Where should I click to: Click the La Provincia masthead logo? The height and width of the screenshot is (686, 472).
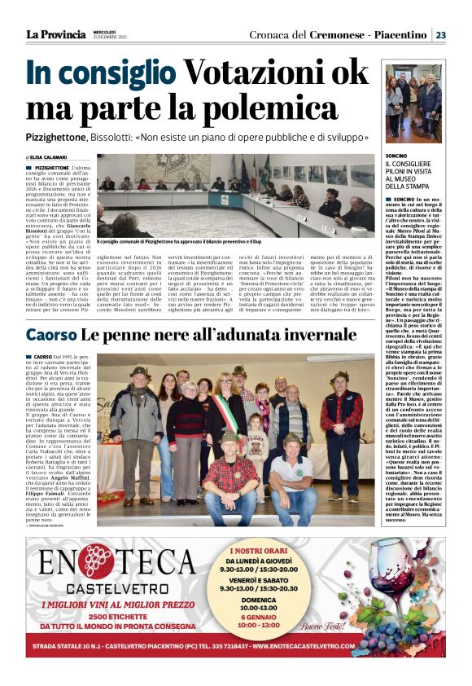coord(55,34)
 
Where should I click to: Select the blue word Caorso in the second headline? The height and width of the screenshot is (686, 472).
coord(51,335)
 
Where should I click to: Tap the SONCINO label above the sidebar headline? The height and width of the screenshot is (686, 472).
coord(396,154)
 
